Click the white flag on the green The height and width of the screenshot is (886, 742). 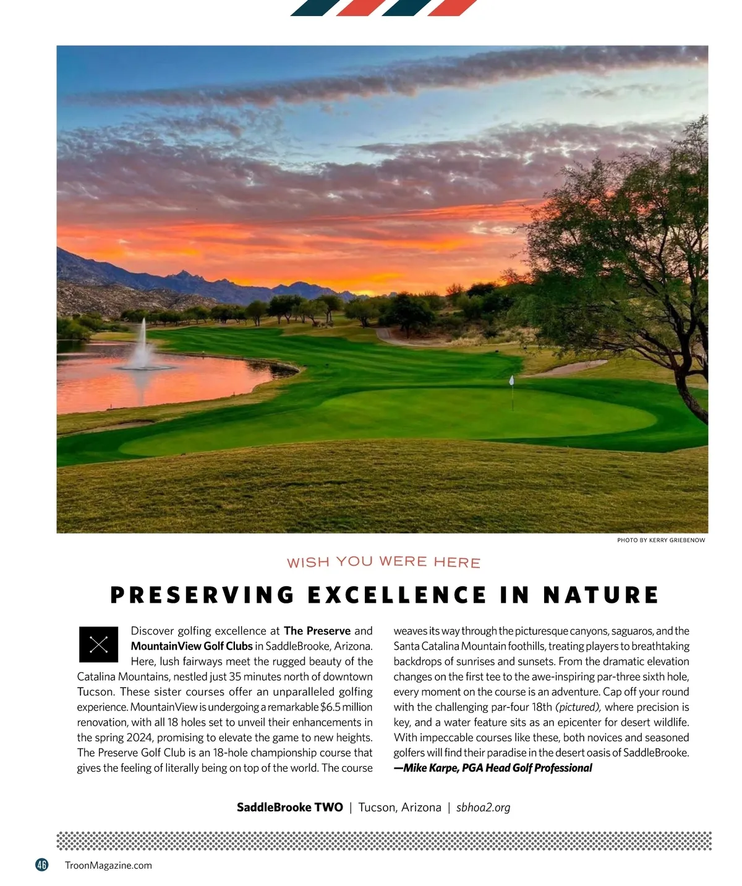(x=511, y=380)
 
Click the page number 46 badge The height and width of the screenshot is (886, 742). (x=41, y=865)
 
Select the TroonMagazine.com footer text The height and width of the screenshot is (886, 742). (x=108, y=866)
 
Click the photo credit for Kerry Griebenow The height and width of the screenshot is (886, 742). (x=660, y=540)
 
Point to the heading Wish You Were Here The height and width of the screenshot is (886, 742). (x=383, y=562)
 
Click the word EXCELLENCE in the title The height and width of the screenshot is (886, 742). (x=397, y=595)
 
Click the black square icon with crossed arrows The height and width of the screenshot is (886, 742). (x=98, y=645)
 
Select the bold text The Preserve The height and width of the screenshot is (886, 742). (x=317, y=631)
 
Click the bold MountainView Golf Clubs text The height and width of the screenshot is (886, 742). (x=192, y=646)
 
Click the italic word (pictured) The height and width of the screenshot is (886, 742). (x=578, y=707)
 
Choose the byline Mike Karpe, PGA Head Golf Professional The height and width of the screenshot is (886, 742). (x=493, y=768)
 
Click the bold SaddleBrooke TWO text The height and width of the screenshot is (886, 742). (x=289, y=807)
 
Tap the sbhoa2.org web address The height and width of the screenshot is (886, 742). (x=483, y=807)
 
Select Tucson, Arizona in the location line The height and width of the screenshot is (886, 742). (x=399, y=807)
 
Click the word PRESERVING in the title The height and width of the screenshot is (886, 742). (x=202, y=595)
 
